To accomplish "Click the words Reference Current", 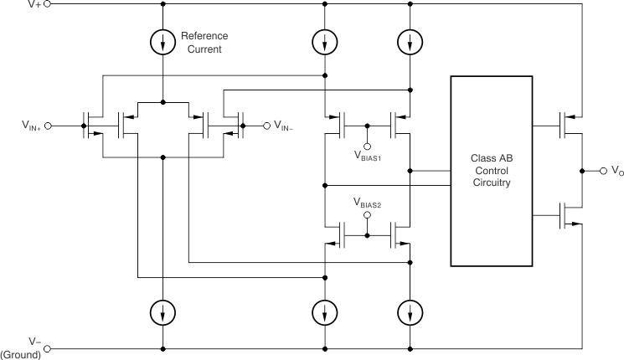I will pos(204,44).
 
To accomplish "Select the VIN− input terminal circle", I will pos(267,126).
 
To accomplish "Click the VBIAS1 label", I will pos(369,157).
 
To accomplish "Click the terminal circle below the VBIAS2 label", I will pos(367,215).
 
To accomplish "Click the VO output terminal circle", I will pos(601,171).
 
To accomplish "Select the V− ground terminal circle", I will pos(47,348).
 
